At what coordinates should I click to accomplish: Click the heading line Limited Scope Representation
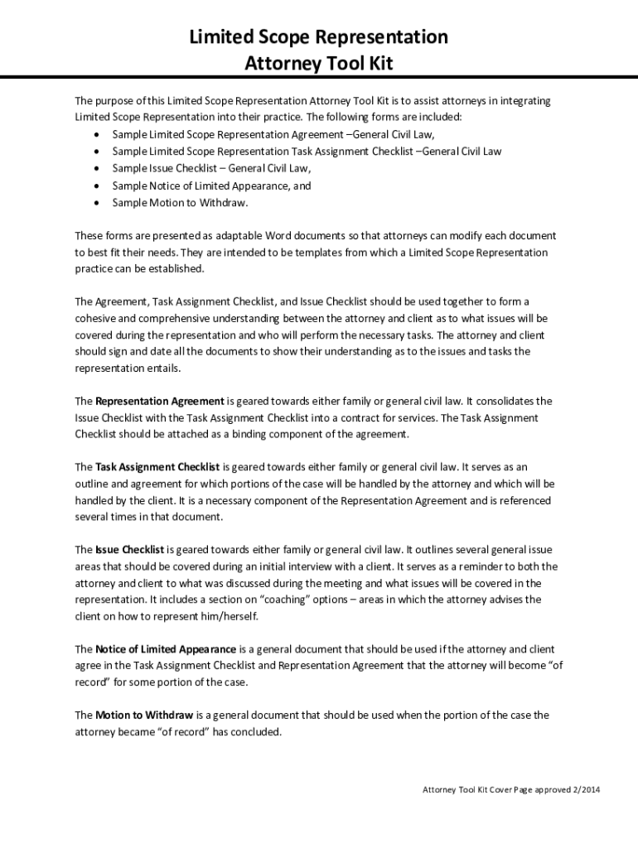[319, 37]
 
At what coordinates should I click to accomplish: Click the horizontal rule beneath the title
[319, 78]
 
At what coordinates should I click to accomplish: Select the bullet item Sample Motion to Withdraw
[180, 202]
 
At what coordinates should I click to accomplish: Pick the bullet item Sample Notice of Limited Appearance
[211, 185]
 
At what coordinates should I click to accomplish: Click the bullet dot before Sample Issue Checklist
[98, 169]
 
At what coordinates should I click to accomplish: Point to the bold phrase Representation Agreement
[160, 401]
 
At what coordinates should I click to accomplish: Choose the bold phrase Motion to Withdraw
[144, 715]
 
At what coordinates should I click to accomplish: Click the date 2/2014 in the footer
[585, 789]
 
